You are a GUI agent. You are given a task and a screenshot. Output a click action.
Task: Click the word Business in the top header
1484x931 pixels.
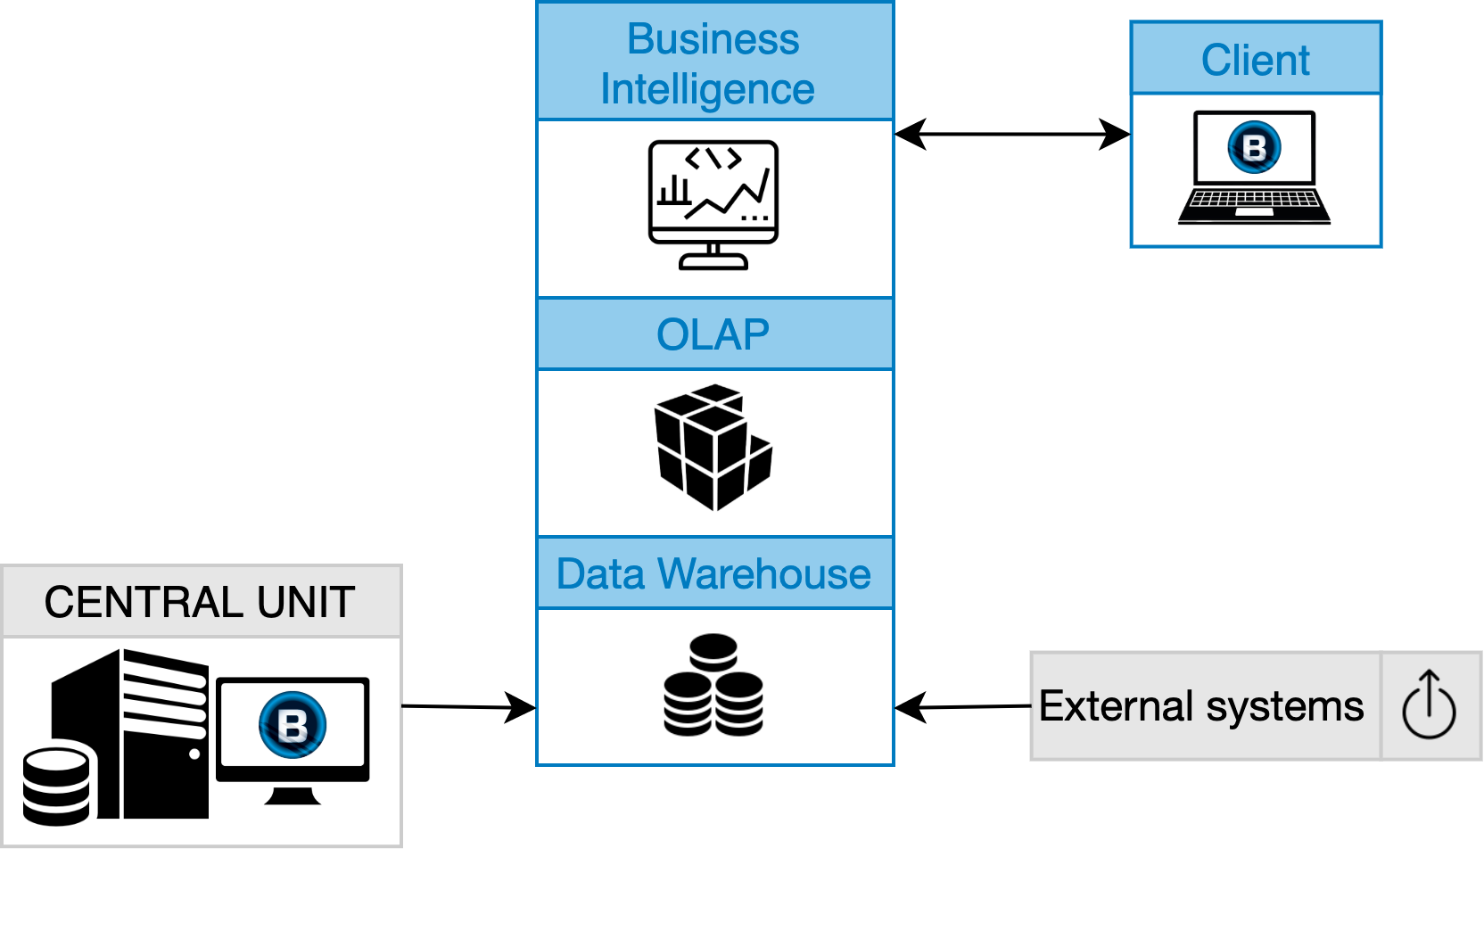713,39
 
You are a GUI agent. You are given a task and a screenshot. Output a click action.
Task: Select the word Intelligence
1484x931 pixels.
707,89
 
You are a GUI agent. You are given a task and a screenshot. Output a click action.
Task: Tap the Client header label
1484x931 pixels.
1255,61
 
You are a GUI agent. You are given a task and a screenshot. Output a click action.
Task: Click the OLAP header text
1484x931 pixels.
713,335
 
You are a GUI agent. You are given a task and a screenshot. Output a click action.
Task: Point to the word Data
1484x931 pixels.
600,574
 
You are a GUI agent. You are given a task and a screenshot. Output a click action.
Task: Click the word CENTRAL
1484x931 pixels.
145,602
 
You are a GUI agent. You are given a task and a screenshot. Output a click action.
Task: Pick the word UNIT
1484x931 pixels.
306,602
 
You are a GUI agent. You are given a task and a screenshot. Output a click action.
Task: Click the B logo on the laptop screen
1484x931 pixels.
1254,147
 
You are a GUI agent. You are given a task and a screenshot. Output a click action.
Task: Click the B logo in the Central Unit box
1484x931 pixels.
293,724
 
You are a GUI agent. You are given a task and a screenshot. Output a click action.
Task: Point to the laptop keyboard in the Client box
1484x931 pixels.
1253,198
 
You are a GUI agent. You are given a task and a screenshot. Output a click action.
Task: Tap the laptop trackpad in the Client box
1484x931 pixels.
1254,212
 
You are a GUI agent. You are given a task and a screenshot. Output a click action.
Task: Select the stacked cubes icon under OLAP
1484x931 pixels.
713,448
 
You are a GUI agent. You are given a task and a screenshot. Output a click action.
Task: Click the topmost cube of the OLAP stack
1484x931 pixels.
716,393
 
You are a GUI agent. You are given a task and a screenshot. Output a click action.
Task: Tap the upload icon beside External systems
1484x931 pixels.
1429,705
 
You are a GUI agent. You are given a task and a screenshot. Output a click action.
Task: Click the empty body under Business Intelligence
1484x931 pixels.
714,208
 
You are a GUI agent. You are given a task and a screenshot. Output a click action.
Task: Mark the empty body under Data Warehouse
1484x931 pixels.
714,686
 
